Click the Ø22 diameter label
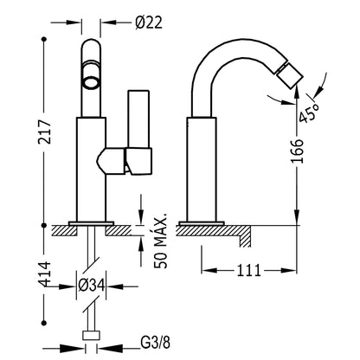click(x=149, y=22)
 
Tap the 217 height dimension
click(x=45, y=132)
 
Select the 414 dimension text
click(x=45, y=274)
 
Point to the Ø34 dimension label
click(x=91, y=286)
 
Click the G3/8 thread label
click(x=156, y=343)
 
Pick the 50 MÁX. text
click(x=161, y=241)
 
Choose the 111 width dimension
click(x=248, y=271)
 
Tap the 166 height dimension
click(x=298, y=151)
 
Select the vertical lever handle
click(x=138, y=119)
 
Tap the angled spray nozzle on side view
click(x=290, y=74)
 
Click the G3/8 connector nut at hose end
click(x=92, y=336)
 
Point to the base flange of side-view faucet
click(x=202, y=223)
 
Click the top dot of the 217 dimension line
click(x=44, y=39)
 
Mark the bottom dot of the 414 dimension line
click(x=44, y=322)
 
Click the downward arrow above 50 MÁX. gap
click(x=141, y=209)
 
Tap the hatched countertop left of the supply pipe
click(x=64, y=230)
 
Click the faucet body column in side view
click(x=202, y=170)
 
